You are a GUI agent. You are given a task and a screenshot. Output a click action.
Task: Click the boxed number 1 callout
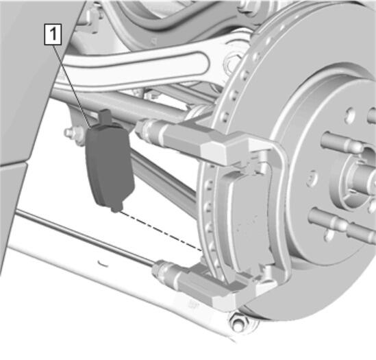[x=53, y=34]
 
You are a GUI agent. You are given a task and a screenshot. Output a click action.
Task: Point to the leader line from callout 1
[x=72, y=86]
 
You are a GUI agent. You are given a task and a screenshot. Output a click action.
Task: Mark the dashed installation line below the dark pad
[x=161, y=231]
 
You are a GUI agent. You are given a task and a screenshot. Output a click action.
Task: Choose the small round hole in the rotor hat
[x=312, y=178]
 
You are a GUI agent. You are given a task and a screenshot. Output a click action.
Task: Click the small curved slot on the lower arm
[x=103, y=263]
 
